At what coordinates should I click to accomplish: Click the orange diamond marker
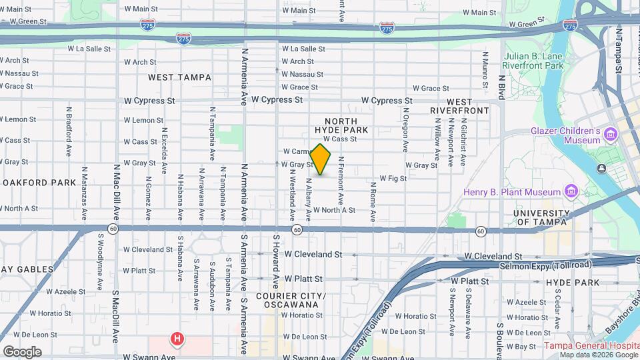tap(321, 160)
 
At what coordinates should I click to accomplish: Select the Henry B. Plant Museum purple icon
tap(571, 193)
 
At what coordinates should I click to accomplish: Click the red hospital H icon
tap(177, 339)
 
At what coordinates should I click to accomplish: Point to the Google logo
tap(22, 351)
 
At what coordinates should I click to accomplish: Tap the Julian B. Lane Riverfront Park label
tap(534, 61)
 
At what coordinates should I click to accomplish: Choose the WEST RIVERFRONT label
tap(459, 105)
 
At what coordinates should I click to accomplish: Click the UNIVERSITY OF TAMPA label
tap(541, 217)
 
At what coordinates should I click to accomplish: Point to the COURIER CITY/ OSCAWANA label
tap(291, 301)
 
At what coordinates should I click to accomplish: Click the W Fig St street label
tap(393, 178)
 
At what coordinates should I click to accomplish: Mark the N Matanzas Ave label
tap(85, 193)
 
